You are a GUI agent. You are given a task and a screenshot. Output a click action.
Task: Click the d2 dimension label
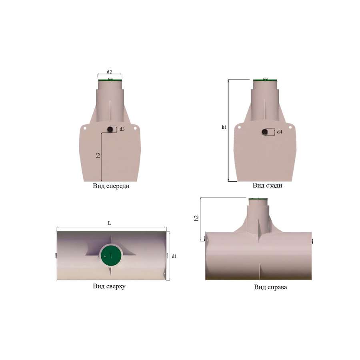point(109,72)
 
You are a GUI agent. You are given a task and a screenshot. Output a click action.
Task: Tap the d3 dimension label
point(122,129)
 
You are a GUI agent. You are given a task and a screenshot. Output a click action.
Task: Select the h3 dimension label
point(98,155)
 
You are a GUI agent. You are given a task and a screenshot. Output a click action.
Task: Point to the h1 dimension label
point(224,127)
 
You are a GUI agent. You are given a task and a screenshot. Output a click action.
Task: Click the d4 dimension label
point(280,132)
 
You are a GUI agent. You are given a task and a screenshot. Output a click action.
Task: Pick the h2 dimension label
point(196,218)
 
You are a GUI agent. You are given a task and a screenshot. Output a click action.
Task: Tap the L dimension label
point(109,223)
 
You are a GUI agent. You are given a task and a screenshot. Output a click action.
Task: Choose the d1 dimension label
point(174,256)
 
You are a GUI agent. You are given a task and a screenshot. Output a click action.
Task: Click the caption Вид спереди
point(111,186)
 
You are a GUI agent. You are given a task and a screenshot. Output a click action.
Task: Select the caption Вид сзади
point(268,185)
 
